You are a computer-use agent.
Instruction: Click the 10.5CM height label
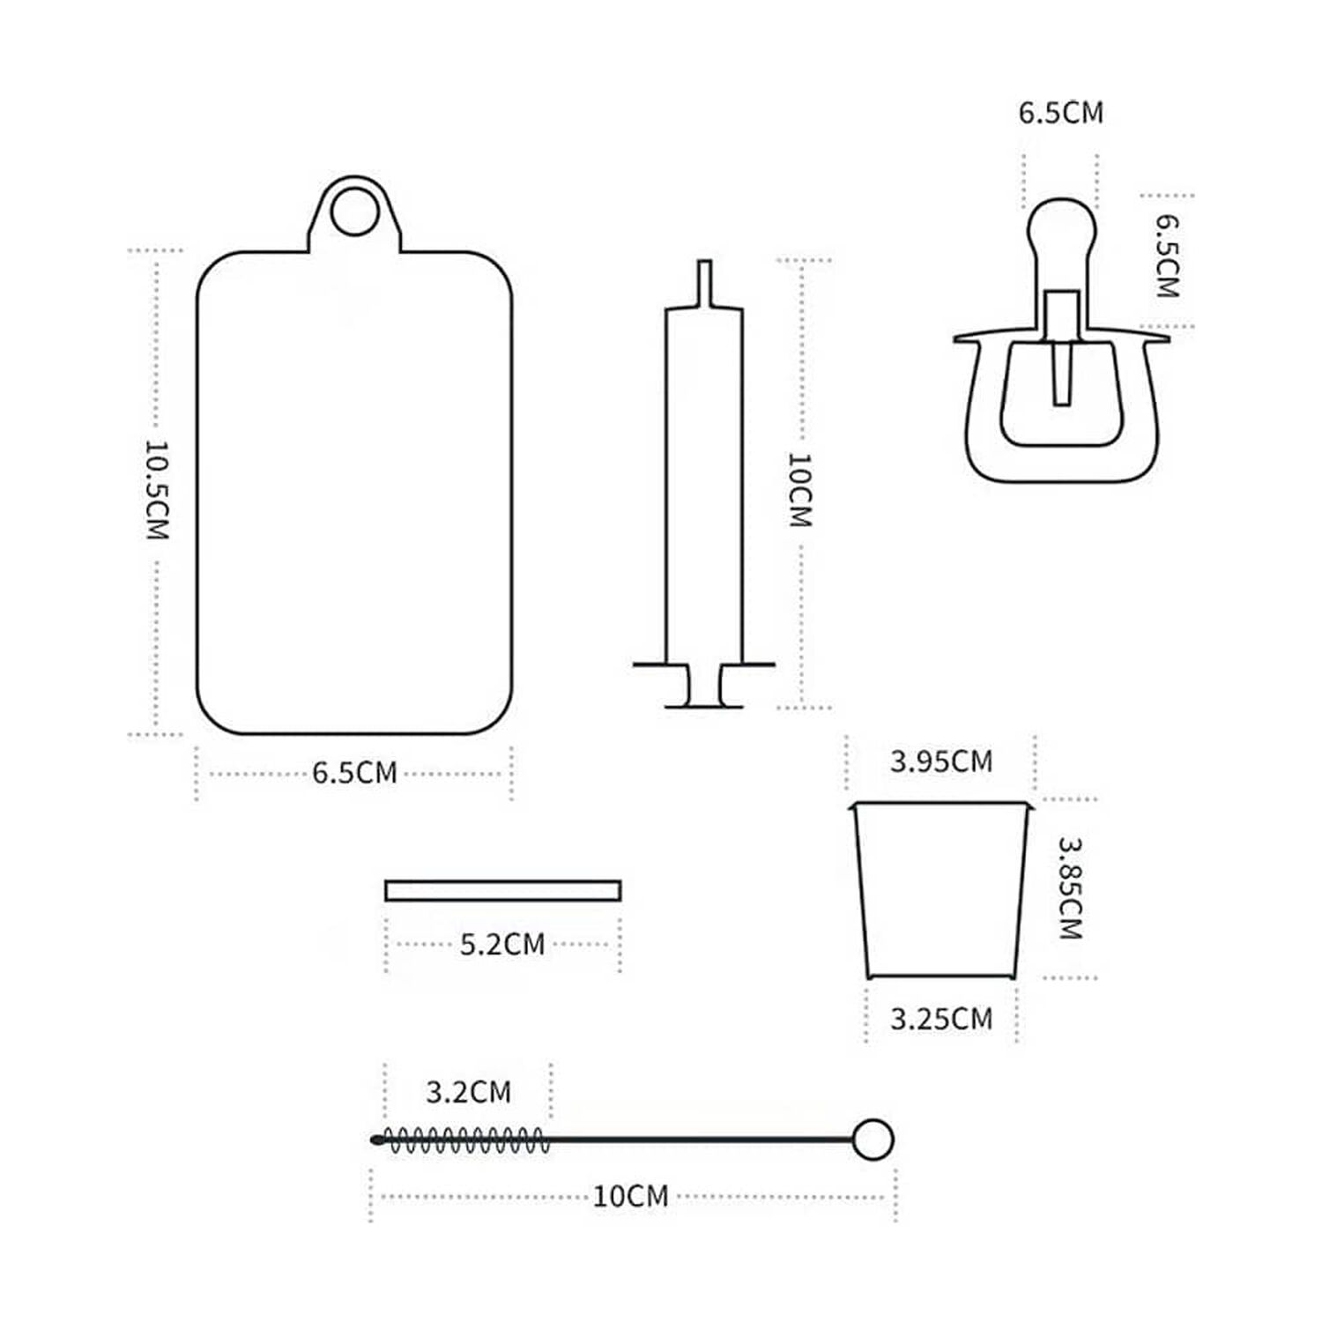pyautogui.click(x=156, y=490)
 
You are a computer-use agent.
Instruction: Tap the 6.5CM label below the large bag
pyautogui.click(x=354, y=773)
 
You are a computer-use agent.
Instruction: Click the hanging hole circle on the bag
pyautogui.click(x=354, y=211)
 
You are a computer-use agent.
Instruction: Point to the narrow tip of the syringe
pyautogui.click(x=704, y=283)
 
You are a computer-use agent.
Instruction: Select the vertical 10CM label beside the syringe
pyautogui.click(x=799, y=490)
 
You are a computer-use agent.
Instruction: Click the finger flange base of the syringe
pyautogui.click(x=704, y=686)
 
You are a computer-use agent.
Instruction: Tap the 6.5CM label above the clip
pyautogui.click(x=1061, y=113)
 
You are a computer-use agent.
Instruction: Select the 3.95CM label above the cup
pyautogui.click(x=941, y=761)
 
